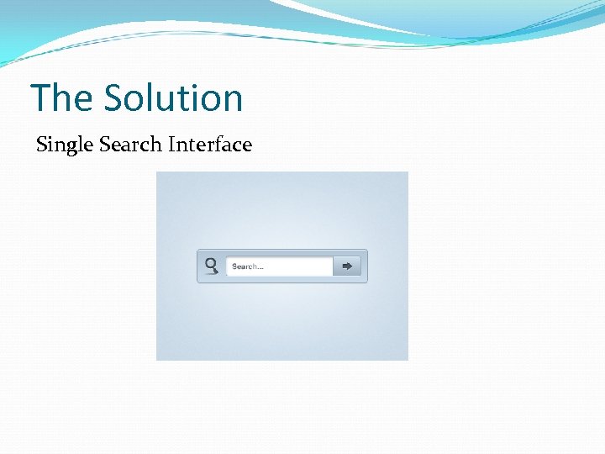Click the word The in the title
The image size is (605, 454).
[x=61, y=98]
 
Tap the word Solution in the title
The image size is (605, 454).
[x=173, y=98]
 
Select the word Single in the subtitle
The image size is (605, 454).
[x=65, y=145]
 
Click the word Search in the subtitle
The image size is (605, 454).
[x=129, y=145]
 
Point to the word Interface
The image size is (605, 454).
[x=209, y=145]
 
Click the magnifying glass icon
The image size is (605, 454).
[x=212, y=266]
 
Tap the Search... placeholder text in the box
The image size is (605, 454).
[x=247, y=267]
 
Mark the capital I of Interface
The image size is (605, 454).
[x=171, y=145]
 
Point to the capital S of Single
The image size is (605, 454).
[x=42, y=145]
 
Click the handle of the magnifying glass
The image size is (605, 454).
[x=215, y=271]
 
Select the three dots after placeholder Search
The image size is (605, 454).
[x=260, y=268]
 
